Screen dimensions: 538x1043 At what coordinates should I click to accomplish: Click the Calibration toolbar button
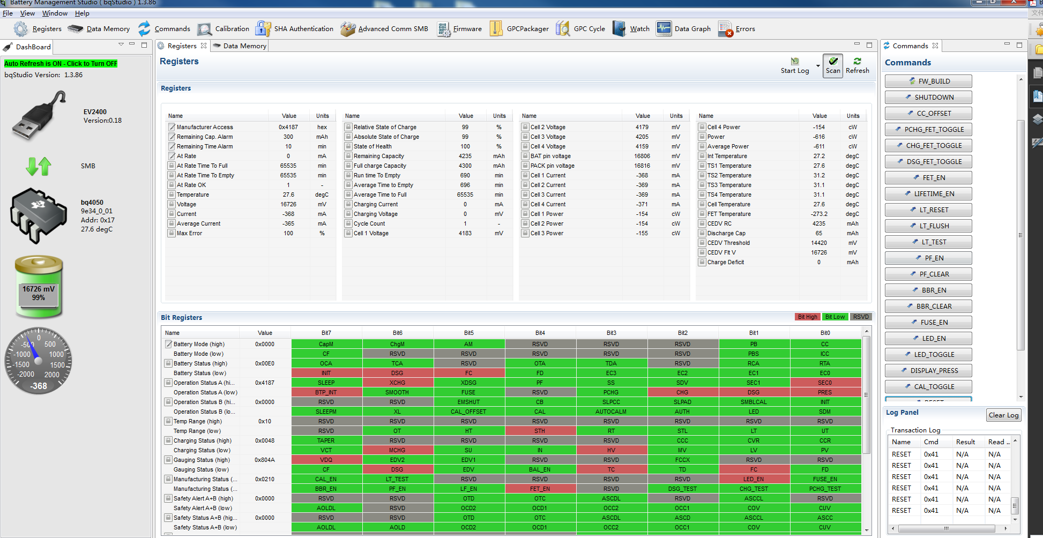click(223, 29)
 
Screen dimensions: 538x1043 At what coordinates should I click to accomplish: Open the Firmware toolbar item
click(459, 29)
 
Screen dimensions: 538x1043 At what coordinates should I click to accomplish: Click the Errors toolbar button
click(737, 29)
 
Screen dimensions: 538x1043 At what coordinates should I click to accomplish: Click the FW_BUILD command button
click(928, 81)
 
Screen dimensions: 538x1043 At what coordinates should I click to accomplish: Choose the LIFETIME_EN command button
click(928, 194)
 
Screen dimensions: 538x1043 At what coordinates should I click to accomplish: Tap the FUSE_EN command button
click(928, 323)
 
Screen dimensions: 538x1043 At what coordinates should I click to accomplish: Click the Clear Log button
click(1003, 415)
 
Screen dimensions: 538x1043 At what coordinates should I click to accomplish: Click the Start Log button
click(795, 66)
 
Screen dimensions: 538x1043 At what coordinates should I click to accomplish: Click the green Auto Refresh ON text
click(61, 64)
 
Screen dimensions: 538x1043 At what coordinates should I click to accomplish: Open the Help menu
click(82, 13)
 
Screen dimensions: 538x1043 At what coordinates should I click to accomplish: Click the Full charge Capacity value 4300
click(465, 166)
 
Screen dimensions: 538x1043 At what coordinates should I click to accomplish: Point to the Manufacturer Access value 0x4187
click(288, 128)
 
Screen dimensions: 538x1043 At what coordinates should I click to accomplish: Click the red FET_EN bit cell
click(540, 489)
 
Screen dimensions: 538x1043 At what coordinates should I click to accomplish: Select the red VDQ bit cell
click(326, 460)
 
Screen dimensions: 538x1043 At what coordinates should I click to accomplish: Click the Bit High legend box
click(807, 317)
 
